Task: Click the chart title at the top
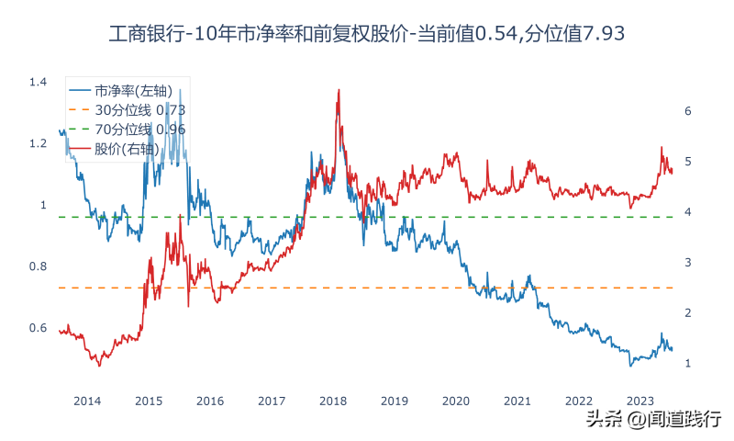point(367,33)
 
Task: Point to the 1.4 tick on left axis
point(38,83)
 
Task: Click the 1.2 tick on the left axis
point(38,144)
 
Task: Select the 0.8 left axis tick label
point(38,266)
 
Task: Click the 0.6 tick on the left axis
point(38,328)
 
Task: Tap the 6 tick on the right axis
point(688,111)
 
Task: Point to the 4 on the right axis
point(688,212)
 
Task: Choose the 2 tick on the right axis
point(688,313)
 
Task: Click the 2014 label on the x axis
point(87,401)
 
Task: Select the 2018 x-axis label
point(333,401)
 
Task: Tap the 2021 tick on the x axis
point(517,401)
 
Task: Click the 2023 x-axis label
point(639,401)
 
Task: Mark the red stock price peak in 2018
point(339,90)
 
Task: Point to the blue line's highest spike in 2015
point(180,89)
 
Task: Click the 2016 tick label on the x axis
point(210,401)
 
